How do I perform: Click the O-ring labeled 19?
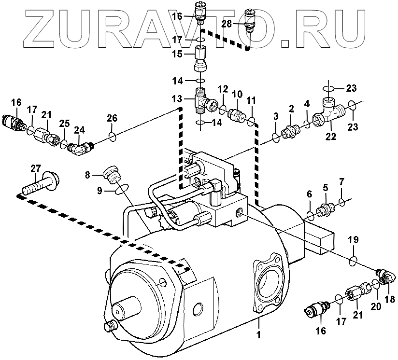(353, 260)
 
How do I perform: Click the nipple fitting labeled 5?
(325, 209)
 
